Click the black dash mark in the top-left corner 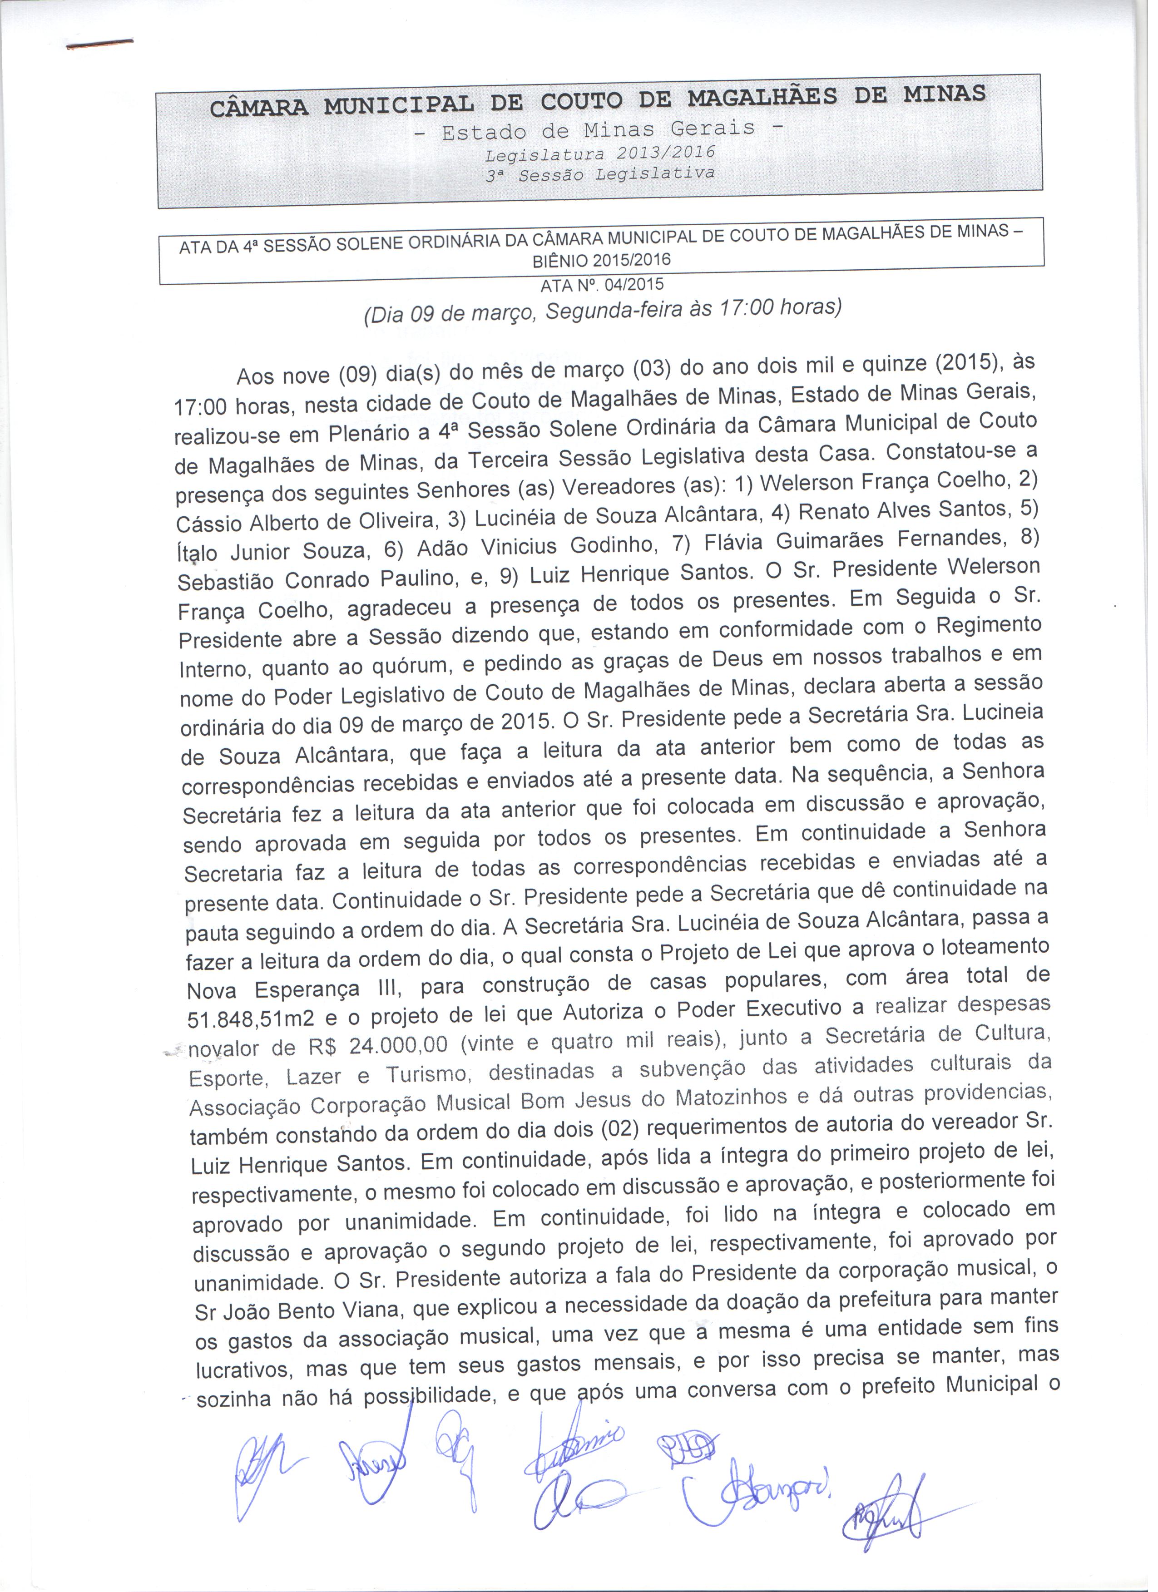pos(99,45)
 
